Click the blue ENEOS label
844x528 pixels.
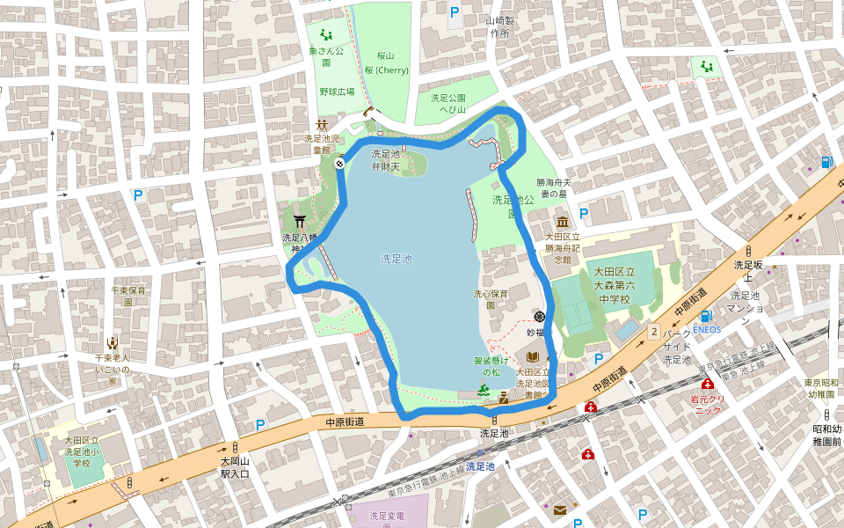pyautogui.click(x=706, y=330)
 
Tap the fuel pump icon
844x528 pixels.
pyautogui.click(x=826, y=162)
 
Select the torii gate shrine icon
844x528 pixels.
pyautogui.click(x=300, y=221)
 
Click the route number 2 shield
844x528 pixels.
pyautogui.click(x=654, y=331)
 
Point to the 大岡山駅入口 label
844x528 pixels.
pyautogui.click(x=236, y=467)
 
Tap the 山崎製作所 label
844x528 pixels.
pyautogui.click(x=500, y=26)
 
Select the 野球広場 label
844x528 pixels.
pyautogui.click(x=337, y=92)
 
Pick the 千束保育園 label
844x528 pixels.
pyautogui.click(x=128, y=296)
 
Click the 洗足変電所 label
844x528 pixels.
pyautogui.click(x=386, y=520)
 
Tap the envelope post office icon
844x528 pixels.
pyautogui.click(x=560, y=510)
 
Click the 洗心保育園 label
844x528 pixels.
pyautogui.click(x=491, y=299)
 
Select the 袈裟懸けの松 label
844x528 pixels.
pyautogui.click(x=484, y=366)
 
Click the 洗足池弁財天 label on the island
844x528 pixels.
pyautogui.click(x=385, y=159)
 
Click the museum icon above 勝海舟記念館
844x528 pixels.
pyautogui.click(x=562, y=221)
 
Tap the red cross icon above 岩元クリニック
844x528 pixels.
pyautogui.click(x=707, y=385)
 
